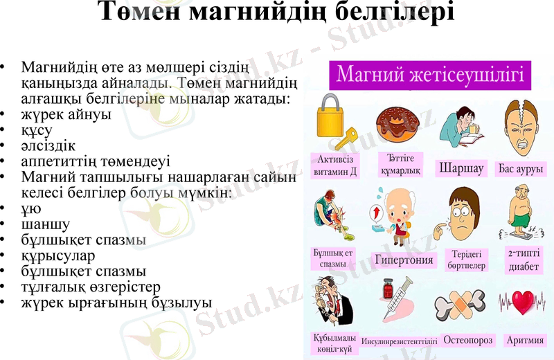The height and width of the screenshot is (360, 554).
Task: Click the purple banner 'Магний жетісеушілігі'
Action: pos(429,74)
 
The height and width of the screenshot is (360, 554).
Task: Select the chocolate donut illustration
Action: pos(398,125)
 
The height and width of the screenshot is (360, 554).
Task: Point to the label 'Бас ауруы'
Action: pos(521,168)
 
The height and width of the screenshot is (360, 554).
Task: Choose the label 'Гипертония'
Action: pos(404,260)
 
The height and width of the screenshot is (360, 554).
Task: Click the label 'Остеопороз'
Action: pos(468,340)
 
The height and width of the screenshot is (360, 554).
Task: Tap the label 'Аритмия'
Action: pos(525,340)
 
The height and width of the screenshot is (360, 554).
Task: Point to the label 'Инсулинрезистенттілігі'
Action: pos(400,341)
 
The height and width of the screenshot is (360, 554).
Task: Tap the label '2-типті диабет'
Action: pos(524,259)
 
